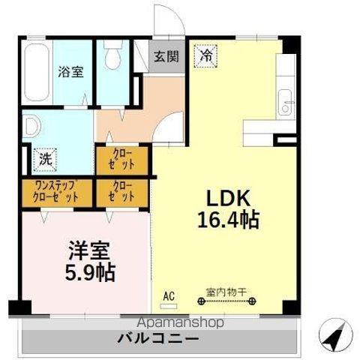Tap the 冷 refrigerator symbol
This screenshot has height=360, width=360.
click(x=205, y=54)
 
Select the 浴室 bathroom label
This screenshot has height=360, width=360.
click(x=71, y=72)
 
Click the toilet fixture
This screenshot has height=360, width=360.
click(x=115, y=57)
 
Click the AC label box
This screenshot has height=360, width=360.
click(x=169, y=296)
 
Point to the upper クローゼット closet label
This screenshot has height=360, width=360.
click(x=123, y=160)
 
